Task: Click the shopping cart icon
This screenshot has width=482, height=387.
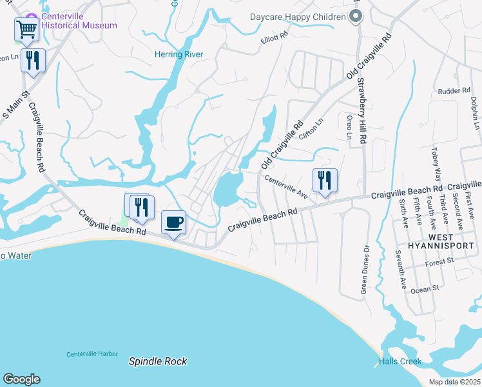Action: click(x=26, y=28)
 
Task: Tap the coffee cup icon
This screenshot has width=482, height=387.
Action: click(x=173, y=223)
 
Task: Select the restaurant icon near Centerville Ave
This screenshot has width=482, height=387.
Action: click(x=325, y=180)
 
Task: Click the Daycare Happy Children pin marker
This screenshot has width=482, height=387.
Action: click(x=354, y=17)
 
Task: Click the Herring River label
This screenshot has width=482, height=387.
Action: click(x=179, y=55)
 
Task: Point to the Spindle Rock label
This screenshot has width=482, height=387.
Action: click(x=158, y=361)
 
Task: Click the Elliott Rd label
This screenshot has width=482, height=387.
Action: click(x=274, y=39)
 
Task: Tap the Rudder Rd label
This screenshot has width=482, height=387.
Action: click(x=454, y=91)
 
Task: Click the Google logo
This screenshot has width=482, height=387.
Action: click(x=21, y=379)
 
